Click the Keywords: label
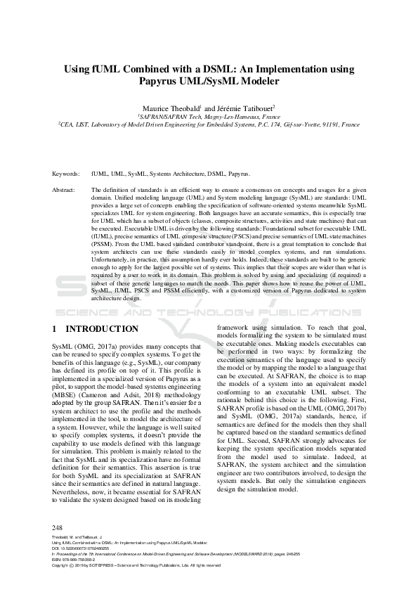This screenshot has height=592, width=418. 66,173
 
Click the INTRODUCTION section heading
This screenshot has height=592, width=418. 102,329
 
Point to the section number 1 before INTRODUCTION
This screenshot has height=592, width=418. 55,329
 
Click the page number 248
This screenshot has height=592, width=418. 58,527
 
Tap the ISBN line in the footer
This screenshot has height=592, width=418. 77,559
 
